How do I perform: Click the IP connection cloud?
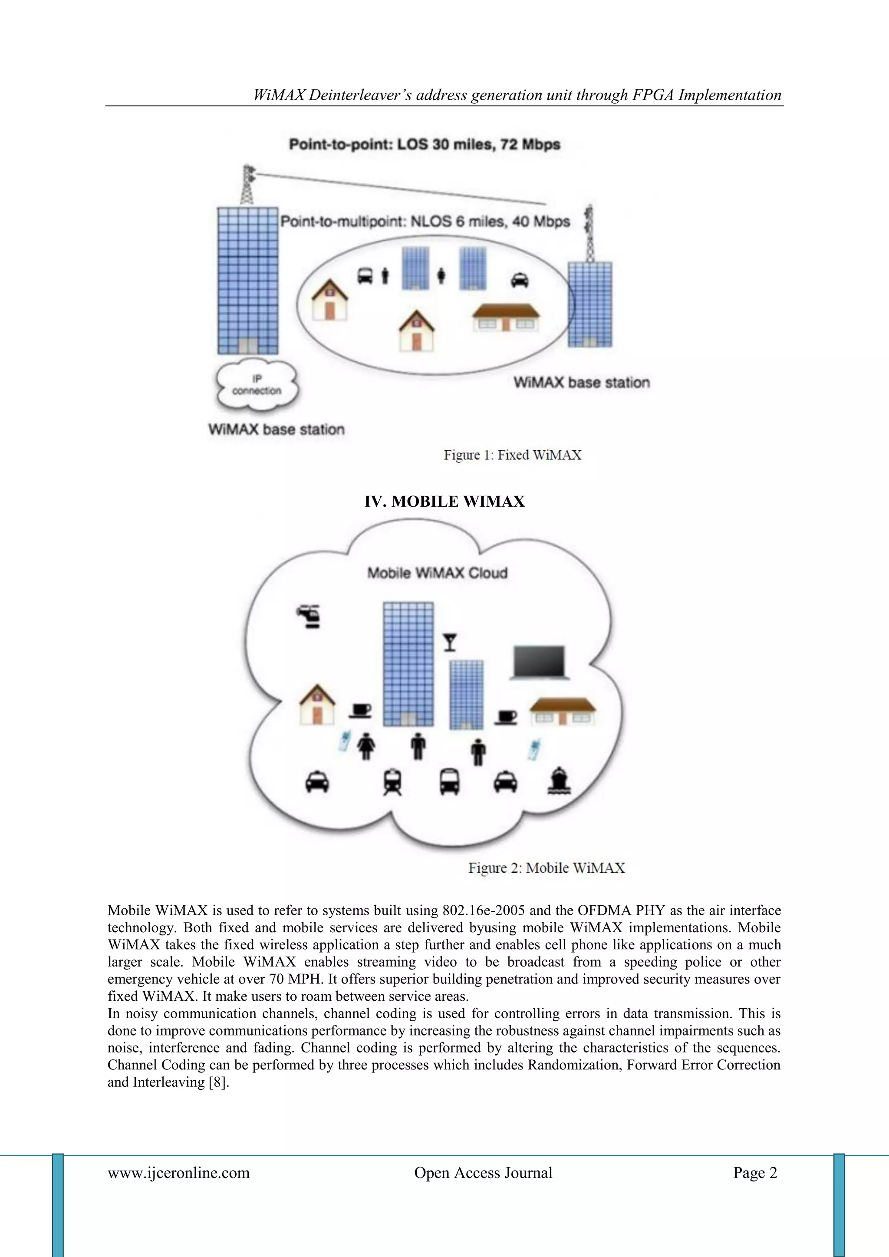coord(257,386)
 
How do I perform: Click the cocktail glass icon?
coord(450,642)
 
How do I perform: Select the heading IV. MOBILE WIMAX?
coord(444,501)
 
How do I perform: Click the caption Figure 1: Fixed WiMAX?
coord(512,455)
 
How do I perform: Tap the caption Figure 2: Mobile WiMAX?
coord(547,868)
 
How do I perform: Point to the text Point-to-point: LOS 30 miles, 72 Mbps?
coord(424,145)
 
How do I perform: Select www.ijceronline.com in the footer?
coord(178,1173)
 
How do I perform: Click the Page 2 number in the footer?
coord(755,1173)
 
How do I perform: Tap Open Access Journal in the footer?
coord(483,1173)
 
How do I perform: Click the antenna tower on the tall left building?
coord(249,185)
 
